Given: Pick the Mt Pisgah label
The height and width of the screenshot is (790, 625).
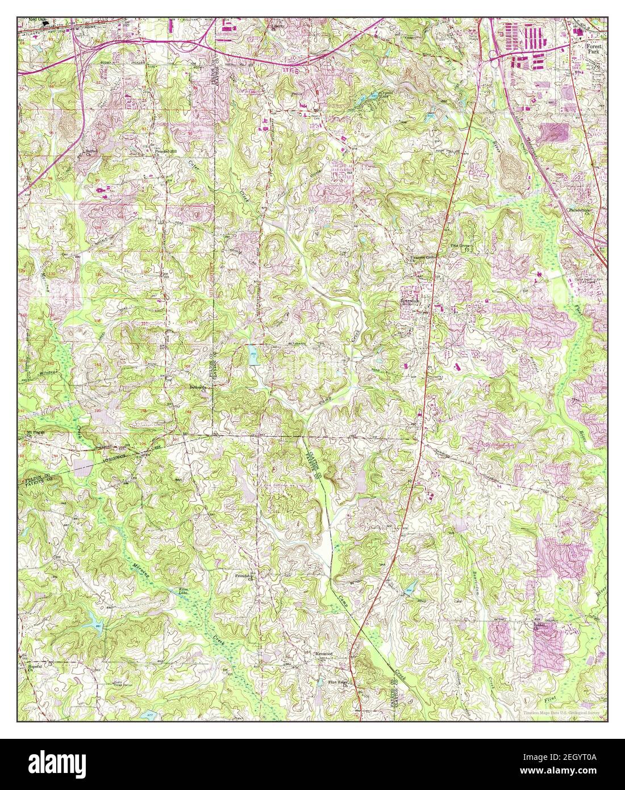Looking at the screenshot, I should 35,431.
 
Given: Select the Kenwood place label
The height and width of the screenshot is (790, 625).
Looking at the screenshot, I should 323,654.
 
